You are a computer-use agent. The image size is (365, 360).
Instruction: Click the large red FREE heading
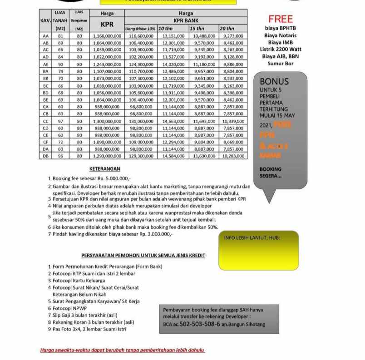281,19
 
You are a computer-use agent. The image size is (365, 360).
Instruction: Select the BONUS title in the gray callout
274,81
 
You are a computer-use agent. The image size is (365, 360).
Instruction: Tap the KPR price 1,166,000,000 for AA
107,35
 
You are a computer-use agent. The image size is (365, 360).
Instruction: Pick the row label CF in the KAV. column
45,142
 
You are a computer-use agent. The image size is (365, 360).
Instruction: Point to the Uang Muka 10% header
140,29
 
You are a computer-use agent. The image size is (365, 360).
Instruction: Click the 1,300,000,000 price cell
107,122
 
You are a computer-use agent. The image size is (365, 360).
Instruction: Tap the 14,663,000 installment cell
173,122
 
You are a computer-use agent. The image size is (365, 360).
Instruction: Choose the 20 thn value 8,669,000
233,142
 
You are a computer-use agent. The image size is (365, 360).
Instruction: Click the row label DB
45,156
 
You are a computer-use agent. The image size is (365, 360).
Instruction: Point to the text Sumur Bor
281,64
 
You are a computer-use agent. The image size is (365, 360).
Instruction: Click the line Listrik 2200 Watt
281,49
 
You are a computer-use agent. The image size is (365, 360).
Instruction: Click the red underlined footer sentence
123,350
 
